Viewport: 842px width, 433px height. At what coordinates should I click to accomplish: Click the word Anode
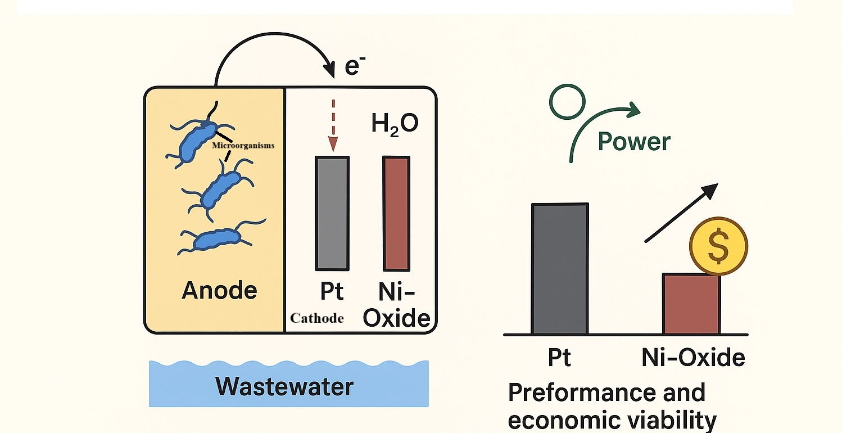[x=219, y=291]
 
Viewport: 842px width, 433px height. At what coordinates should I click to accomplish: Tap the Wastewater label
[x=284, y=386]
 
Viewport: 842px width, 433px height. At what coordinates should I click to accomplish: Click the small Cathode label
[x=316, y=318]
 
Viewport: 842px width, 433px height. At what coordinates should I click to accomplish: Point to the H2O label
[x=395, y=124]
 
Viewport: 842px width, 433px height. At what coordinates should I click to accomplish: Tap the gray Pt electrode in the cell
[x=332, y=213]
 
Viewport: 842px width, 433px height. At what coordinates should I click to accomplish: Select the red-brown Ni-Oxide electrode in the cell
[x=396, y=213]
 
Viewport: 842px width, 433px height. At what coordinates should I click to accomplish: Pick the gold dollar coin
[x=718, y=246]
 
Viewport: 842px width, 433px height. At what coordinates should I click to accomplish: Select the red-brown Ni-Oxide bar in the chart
[x=691, y=304]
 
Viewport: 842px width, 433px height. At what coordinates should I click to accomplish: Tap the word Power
[x=634, y=141]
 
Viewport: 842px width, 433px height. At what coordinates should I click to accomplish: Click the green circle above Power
[x=567, y=103]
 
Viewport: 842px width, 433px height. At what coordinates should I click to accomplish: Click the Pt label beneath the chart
[x=559, y=358]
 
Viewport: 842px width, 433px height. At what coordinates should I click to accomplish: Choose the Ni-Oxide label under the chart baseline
[x=693, y=358]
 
